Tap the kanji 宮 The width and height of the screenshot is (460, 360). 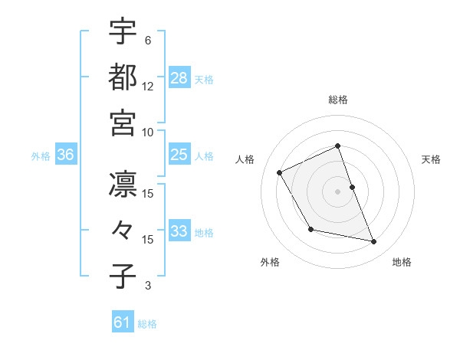(x=123, y=123)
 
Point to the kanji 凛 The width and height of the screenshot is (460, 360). (x=123, y=184)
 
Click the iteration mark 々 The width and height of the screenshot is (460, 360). (x=123, y=230)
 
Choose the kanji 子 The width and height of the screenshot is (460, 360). (x=123, y=277)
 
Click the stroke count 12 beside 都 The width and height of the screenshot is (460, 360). (x=148, y=87)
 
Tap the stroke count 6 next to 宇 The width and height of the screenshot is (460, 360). (x=147, y=40)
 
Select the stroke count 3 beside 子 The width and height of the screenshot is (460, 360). (x=147, y=286)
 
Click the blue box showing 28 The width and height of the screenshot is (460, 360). (x=179, y=78)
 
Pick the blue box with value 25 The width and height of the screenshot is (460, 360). (x=179, y=155)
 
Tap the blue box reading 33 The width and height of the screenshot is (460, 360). (x=179, y=231)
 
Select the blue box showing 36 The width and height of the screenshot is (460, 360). (x=65, y=155)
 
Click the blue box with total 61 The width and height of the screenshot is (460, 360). (x=122, y=323)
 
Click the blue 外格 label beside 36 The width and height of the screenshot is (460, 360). (x=41, y=156)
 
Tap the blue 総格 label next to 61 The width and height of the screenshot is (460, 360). (x=147, y=325)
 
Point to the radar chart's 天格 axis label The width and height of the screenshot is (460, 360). (x=432, y=159)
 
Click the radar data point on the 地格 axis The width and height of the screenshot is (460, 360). (x=374, y=242)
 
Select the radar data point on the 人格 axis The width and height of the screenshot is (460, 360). (x=280, y=172)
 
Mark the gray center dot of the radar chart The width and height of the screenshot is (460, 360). (x=338, y=191)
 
